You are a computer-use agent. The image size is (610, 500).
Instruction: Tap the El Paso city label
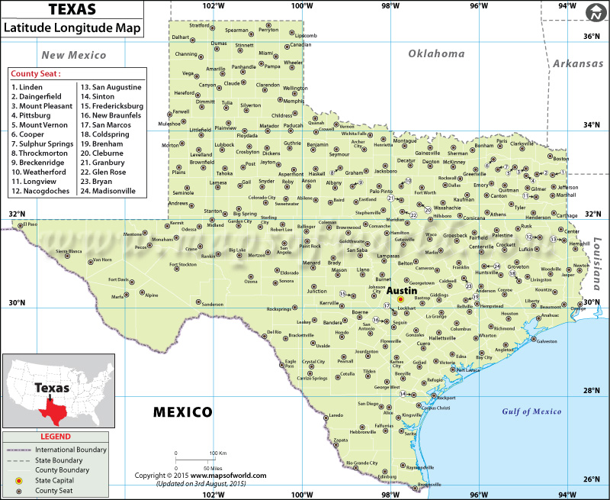[30, 224]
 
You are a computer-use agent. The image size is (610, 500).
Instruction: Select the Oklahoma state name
[436, 53]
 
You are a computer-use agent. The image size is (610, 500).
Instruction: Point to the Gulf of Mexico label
[531, 411]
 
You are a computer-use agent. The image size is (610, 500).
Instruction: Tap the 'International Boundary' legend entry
[71, 450]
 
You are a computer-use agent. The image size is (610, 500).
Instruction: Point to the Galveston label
[547, 341]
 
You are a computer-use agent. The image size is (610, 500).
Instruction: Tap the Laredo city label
[336, 415]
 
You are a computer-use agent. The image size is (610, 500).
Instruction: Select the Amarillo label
[216, 69]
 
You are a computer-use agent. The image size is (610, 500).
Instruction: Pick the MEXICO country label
[183, 412]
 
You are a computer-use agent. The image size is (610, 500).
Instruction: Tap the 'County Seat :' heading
[36, 74]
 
